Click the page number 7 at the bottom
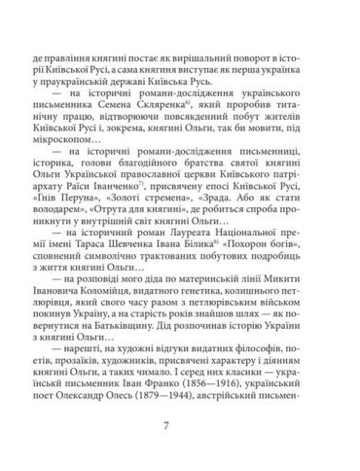click(x=179, y=425)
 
